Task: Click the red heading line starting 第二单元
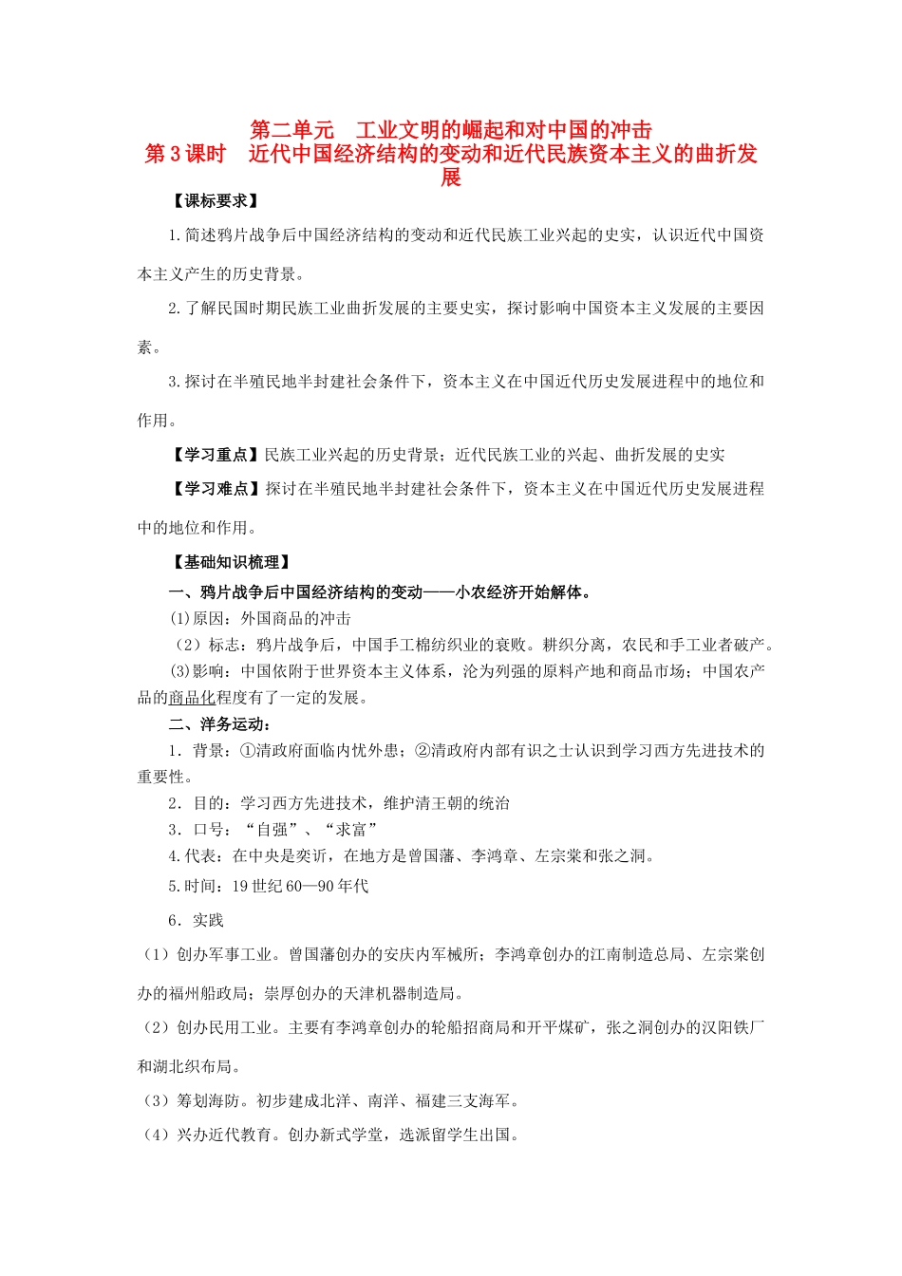coord(451,129)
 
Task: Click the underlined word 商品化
coord(192,698)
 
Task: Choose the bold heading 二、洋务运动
coord(216,724)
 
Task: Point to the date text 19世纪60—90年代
coord(300,887)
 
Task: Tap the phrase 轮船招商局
coord(456,1028)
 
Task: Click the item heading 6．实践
coord(196,921)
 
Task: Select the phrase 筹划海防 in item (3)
coord(209,1101)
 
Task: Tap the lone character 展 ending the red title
coord(451,178)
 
